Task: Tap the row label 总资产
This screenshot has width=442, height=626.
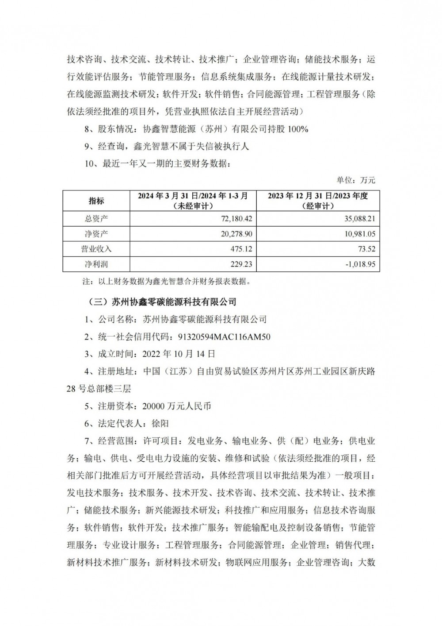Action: (x=96, y=219)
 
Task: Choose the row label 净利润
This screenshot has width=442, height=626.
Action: (x=96, y=264)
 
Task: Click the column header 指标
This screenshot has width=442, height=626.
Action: (x=96, y=201)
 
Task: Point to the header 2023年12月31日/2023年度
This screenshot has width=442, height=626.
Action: (x=318, y=196)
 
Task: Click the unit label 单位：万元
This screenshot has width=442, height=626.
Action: (x=356, y=180)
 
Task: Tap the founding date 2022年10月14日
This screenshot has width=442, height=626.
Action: (x=179, y=354)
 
